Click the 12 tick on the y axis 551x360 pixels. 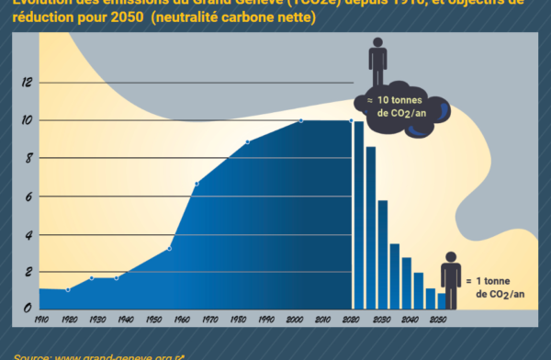click(28, 83)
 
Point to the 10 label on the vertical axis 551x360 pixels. click(28, 120)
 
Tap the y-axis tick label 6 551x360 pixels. click(28, 197)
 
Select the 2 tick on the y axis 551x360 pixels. click(28, 274)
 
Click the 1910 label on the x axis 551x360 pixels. click(40, 320)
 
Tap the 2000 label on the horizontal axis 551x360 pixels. click(295, 320)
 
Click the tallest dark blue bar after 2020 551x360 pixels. click(359, 215)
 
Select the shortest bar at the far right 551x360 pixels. click(442, 301)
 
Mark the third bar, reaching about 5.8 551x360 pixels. click(382, 254)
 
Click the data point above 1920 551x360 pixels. click(68, 289)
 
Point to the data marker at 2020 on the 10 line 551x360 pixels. click(352, 120)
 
